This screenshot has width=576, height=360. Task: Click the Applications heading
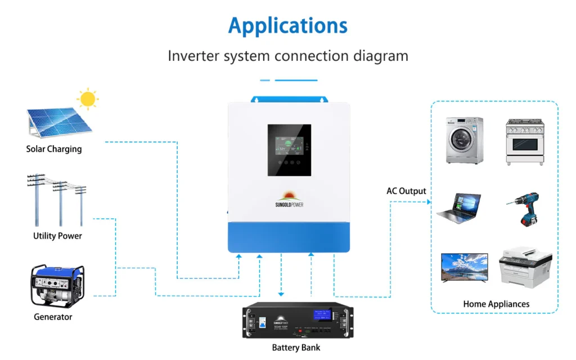(287, 26)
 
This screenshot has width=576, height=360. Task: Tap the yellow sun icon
(87, 99)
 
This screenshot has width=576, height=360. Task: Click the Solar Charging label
(54, 149)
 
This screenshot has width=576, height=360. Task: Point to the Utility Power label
(57, 236)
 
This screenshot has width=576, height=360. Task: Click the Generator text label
(53, 317)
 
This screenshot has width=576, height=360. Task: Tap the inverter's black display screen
(289, 150)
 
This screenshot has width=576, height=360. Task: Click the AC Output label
(406, 191)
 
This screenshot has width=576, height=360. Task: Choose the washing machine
(465, 140)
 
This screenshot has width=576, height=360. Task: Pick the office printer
(525, 268)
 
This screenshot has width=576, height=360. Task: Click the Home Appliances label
(496, 304)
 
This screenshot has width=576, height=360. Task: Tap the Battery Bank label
(296, 348)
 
